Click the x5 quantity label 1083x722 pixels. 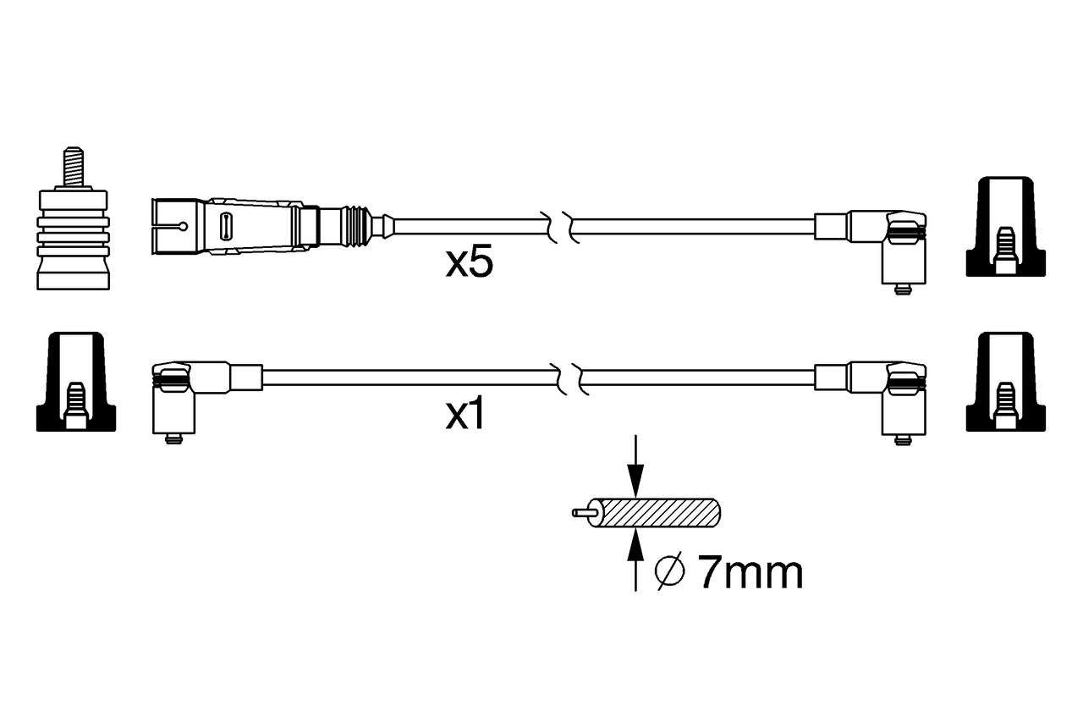(x=469, y=263)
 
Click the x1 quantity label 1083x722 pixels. (x=465, y=416)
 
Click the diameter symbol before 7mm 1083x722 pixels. (x=669, y=573)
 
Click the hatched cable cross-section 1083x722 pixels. (x=661, y=512)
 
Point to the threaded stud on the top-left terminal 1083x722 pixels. (x=74, y=168)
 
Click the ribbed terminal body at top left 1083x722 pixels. (x=74, y=237)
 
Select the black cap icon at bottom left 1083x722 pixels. (x=75, y=380)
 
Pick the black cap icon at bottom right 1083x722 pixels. (x=1005, y=380)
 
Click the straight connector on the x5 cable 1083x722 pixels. (x=262, y=226)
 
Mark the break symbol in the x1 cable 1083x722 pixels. (x=569, y=378)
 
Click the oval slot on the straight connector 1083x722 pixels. (x=226, y=226)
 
